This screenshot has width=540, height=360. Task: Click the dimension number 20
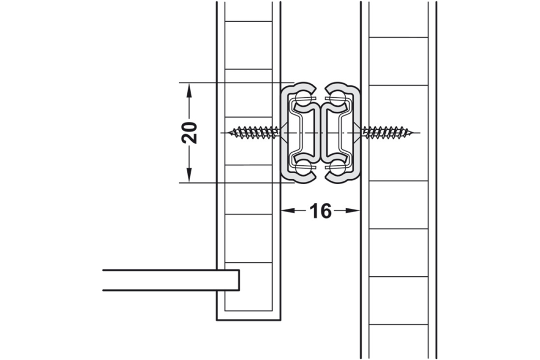[x=189, y=132]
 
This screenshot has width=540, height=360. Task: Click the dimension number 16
[x=320, y=211]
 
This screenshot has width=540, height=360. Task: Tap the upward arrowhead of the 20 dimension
[x=189, y=90]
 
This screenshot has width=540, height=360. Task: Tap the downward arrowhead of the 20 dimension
[x=189, y=175]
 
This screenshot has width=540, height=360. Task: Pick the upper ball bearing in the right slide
[x=337, y=99]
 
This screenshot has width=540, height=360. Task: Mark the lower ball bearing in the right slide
[x=337, y=167]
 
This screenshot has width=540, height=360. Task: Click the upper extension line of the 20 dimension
[x=232, y=83]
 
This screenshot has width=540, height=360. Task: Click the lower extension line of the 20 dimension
[x=232, y=182]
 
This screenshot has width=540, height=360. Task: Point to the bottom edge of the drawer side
[x=248, y=320]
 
